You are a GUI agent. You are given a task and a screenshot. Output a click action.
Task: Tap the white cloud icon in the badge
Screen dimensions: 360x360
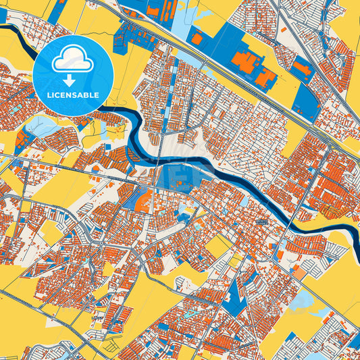point(73,60)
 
